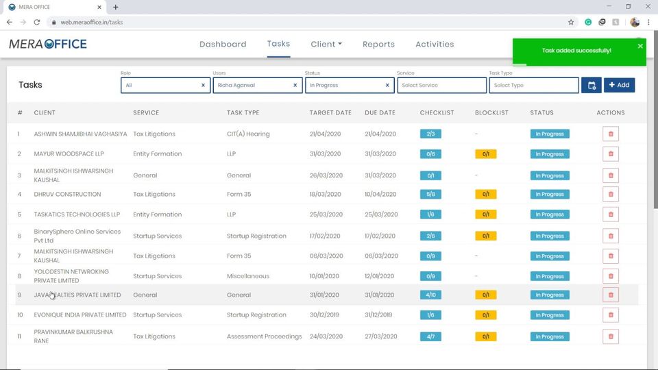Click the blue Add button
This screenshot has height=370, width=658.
[x=619, y=85]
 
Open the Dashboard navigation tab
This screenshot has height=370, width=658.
[x=223, y=45]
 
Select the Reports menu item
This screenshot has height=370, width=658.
[x=378, y=45]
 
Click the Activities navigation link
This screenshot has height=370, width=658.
[x=435, y=45]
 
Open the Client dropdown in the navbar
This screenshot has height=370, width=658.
[x=326, y=45]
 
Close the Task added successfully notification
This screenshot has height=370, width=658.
[x=640, y=46]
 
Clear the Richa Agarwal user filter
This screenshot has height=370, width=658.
[x=295, y=86]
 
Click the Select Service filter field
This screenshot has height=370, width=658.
[x=441, y=86]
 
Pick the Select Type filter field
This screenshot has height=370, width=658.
[x=533, y=86]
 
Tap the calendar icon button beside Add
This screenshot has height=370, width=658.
[x=591, y=85]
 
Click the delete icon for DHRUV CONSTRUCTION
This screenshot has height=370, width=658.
[x=611, y=195]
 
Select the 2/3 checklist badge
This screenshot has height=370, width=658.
[x=430, y=134]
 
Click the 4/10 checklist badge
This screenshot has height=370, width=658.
[x=430, y=295]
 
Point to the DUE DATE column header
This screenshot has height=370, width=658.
[x=380, y=113]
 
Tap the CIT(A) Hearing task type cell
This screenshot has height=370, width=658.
[x=248, y=134]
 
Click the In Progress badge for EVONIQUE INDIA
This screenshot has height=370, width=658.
[x=550, y=315]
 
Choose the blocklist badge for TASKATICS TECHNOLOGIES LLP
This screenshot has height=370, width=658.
[x=485, y=214]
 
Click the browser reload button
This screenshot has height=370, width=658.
[x=36, y=22]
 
